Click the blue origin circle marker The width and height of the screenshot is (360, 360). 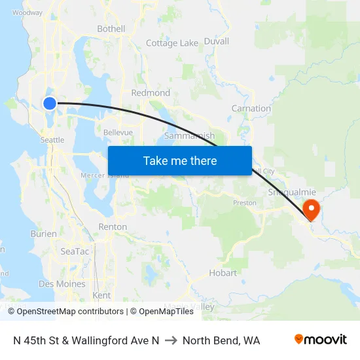point(50,103)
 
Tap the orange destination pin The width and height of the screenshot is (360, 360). point(312,210)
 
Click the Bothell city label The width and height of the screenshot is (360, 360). point(111,29)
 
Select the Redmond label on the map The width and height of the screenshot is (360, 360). point(151,93)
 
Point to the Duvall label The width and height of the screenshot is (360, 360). point(217,41)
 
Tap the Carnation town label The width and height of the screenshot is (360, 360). point(251,108)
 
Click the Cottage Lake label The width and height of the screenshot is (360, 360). point(171,43)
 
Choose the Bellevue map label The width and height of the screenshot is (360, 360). point(118,132)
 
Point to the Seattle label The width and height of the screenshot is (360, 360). point(52,140)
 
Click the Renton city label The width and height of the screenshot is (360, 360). point(113,226)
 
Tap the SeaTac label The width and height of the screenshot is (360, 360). point(74,251)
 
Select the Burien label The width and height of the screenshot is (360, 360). point(43,233)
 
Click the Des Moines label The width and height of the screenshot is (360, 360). point(62,284)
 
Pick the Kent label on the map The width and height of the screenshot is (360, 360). point(101,295)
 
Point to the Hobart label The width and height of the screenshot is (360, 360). point(223,273)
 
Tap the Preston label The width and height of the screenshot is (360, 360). point(245,203)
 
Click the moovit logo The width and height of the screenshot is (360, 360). point(321,340)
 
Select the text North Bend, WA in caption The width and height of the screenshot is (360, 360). point(221,340)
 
